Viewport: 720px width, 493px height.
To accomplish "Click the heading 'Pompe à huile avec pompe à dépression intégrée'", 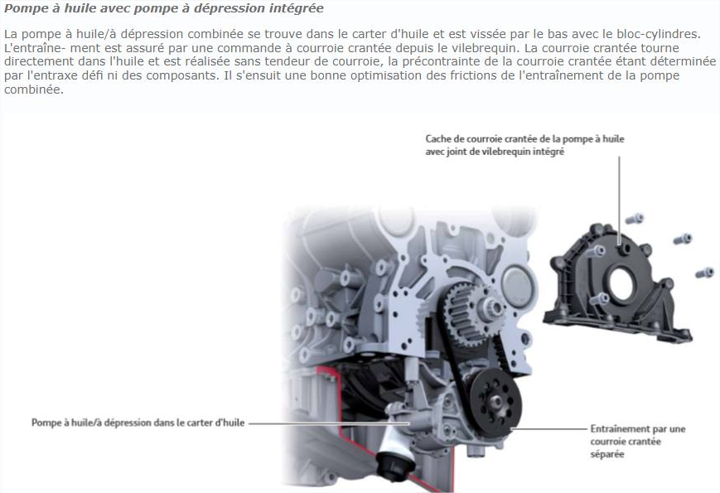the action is pos(163,8).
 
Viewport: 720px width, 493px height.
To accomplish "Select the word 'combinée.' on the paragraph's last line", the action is pos(33,89).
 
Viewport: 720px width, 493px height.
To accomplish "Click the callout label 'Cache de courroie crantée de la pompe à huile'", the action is pos(524,138).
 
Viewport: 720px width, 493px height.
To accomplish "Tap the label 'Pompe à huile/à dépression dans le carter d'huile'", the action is pos(138,423).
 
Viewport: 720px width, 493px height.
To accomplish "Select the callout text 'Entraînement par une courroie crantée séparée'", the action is pos(637,441).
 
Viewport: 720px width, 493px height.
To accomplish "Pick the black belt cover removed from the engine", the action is pos(616,283).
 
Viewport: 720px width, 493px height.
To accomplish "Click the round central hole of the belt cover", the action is pos(621,284).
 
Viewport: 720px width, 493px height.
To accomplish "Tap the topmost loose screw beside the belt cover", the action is pos(635,219).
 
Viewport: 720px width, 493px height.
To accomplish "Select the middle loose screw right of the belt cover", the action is pos(683,239).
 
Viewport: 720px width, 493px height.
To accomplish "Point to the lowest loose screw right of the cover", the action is pos(705,273).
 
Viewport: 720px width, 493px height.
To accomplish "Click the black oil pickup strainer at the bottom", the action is pos(395,466).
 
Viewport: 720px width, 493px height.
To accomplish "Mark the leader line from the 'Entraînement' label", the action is pos(548,429).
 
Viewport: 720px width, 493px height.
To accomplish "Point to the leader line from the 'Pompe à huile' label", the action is pos(329,423).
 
